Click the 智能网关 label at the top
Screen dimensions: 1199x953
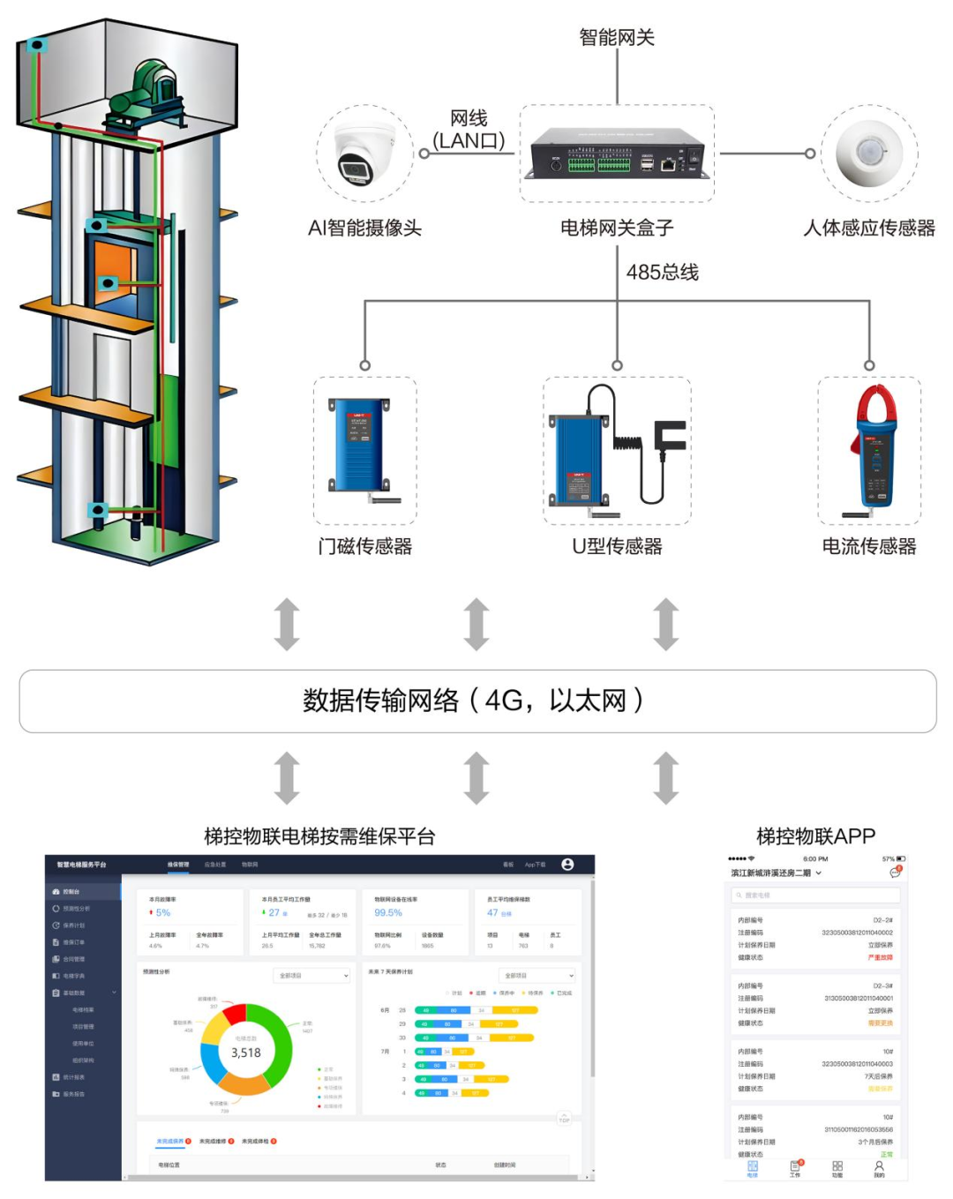[616, 37]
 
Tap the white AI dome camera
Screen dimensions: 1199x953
[365, 154]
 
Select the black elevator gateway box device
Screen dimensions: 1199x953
[617, 154]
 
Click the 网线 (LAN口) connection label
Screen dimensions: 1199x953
[469, 130]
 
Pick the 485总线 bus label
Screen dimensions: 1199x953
[662, 273]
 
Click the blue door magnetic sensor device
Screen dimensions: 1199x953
[360, 446]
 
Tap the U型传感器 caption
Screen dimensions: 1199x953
[617, 546]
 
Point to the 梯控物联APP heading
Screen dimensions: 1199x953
[815, 836]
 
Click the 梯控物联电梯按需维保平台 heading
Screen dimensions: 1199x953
[319, 836]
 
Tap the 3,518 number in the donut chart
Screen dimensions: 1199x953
[246, 1053]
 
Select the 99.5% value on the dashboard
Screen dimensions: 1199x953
[388, 913]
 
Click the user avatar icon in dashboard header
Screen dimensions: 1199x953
[567, 865]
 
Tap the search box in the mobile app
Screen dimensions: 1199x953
[814, 896]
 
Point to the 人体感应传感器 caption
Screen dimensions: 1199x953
[868, 229]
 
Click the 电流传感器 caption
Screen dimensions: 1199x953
[868, 546]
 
